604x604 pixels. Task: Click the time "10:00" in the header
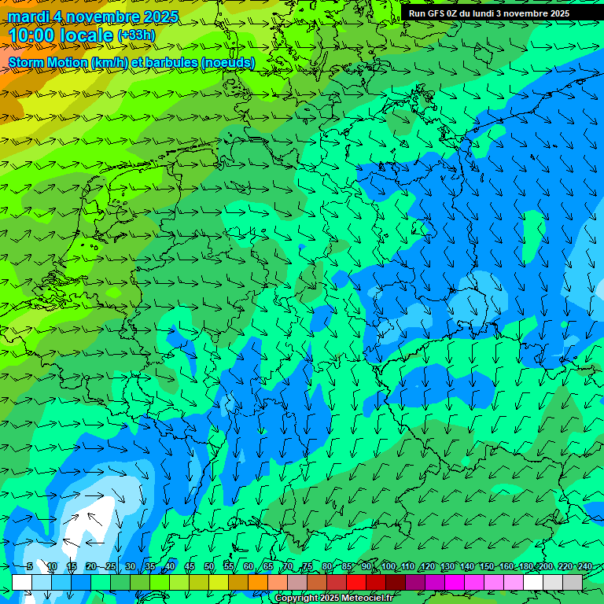pos(32,35)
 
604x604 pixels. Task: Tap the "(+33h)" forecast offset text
pos(136,35)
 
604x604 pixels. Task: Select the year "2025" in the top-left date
pos(158,17)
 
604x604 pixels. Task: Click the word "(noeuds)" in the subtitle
pos(227,62)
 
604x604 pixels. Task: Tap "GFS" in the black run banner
pos(443,13)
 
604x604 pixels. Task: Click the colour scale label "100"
pos(389,567)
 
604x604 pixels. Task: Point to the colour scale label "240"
pos(584,567)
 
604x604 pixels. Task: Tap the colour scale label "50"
pos(209,567)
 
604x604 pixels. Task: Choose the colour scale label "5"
pos(30,567)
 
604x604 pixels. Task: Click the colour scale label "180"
pos(525,567)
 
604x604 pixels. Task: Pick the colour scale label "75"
pos(308,567)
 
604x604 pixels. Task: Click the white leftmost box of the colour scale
pos(22,582)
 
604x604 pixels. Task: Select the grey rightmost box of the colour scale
pos(573,582)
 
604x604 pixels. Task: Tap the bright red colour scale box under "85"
pos(356,582)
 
